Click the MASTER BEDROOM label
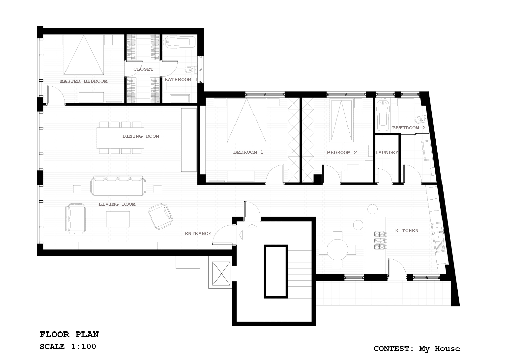84,81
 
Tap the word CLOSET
143,69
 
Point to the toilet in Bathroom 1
191,69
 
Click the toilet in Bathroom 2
421,119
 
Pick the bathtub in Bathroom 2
383,116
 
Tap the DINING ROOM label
141,136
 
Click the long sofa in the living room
118,186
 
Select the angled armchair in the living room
161,216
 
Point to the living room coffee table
118,219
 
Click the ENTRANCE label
198,233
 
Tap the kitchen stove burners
380,241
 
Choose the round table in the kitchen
337,250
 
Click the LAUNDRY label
387,153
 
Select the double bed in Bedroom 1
247,120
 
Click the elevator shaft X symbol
221,273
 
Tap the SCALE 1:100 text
68,347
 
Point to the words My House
440,349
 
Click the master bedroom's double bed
84,55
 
